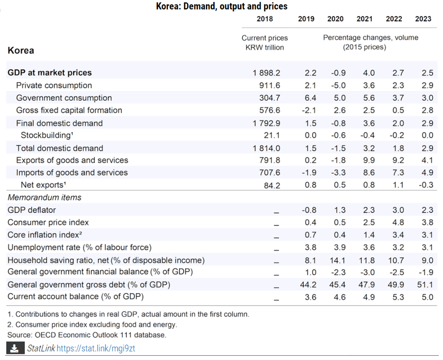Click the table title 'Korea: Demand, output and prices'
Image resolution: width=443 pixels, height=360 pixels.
coord(221,6)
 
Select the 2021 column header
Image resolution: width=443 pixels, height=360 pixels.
coord(364,19)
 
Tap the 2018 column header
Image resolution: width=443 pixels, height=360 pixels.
coord(265,19)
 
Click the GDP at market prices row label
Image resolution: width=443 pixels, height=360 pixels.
coord(50,73)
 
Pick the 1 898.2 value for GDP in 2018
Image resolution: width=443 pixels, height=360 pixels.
coord(266,73)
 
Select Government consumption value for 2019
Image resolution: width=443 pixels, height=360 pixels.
coord(310,98)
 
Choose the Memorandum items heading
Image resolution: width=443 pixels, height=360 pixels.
coord(45,198)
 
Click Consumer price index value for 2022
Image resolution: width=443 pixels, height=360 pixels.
coord(398,223)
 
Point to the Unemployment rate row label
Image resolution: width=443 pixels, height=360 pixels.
coord(80,248)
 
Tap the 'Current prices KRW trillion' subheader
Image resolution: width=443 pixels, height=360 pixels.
coord(264,43)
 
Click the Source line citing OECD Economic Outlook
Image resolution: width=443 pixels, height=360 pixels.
coord(87,335)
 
